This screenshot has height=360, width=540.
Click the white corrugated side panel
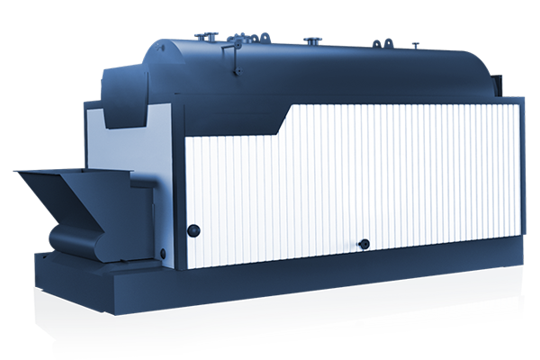[x=360, y=180]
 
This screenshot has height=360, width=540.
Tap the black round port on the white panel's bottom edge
[x=364, y=244]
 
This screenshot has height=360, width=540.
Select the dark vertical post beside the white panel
[x=177, y=198]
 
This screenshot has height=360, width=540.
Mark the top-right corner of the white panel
[x=518, y=105]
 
